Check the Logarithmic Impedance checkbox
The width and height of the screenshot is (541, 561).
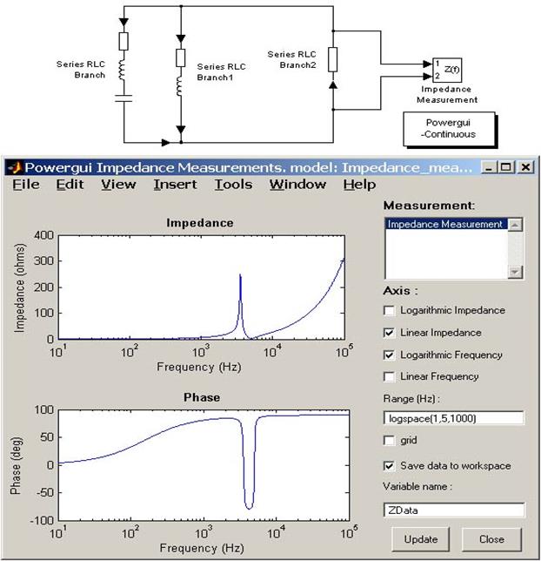[388, 310]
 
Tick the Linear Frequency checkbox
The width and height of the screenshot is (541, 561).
[388, 376]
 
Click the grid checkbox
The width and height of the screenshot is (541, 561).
[388, 441]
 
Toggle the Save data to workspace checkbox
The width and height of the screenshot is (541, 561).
[388, 465]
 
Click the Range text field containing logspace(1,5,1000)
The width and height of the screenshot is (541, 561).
[453, 419]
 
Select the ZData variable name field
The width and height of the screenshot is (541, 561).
[453, 510]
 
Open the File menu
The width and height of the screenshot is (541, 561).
[26, 185]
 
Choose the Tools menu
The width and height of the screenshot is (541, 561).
[233, 185]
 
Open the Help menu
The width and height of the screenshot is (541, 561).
[359, 185]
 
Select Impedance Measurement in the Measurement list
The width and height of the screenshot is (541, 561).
[445, 225]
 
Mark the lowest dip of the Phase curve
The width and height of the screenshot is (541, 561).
[249, 508]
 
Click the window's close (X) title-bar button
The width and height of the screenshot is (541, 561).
[526, 166]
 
